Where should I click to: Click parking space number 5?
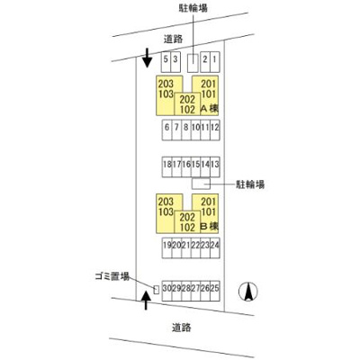click(x=166, y=62)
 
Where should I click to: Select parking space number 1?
click(x=215, y=62)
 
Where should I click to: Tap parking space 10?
click(x=195, y=130)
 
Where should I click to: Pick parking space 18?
click(x=166, y=166)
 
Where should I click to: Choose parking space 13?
click(x=215, y=166)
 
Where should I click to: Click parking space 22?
click(x=195, y=248)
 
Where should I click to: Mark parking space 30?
click(x=166, y=291)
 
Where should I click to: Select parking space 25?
click(x=215, y=291)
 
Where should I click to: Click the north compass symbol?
click(x=248, y=292)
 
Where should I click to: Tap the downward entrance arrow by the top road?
click(x=147, y=58)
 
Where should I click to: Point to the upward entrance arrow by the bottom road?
click(x=146, y=300)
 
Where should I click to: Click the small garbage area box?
click(x=156, y=290)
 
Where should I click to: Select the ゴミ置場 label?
click(x=112, y=276)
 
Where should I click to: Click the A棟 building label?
click(x=210, y=109)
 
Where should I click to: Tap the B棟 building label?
click(x=210, y=227)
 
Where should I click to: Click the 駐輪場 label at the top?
click(x=193, y=8)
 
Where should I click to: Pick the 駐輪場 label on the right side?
click(x=250, y=184)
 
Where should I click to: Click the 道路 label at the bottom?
click(x=182, y=328)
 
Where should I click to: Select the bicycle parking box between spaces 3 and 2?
click(x=193, y=63)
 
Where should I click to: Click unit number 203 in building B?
click(x=166, y=202)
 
